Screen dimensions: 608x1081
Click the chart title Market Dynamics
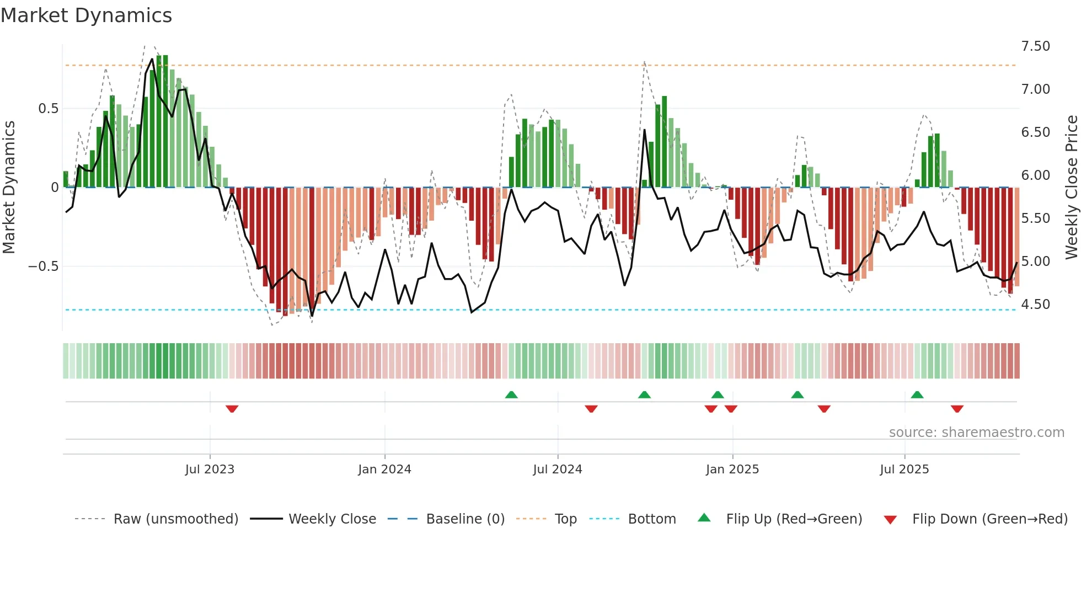point(87,15)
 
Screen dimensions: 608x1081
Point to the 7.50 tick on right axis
point(1035,46)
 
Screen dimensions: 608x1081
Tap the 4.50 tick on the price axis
point(1035,305)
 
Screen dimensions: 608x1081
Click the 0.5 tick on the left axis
point(48,109)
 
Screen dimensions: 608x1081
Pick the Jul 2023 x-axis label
point(210,470)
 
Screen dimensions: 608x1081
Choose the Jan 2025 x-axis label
point(732,470)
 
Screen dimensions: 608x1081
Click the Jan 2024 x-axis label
point(384,470)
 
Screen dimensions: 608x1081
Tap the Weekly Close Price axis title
point(1071,187)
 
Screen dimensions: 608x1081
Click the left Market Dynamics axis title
point(9,187)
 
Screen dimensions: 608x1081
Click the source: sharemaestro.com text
point(976,433)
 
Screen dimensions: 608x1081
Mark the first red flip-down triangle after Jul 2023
point(232,409)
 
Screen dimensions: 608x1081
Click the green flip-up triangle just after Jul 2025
point(917,394)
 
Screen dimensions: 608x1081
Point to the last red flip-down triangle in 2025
point(957,409)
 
